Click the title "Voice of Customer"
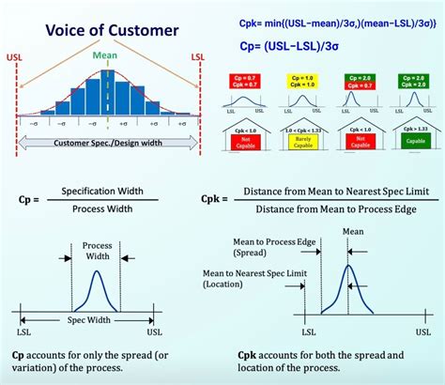pyautogui.click(x=112, y=29)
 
